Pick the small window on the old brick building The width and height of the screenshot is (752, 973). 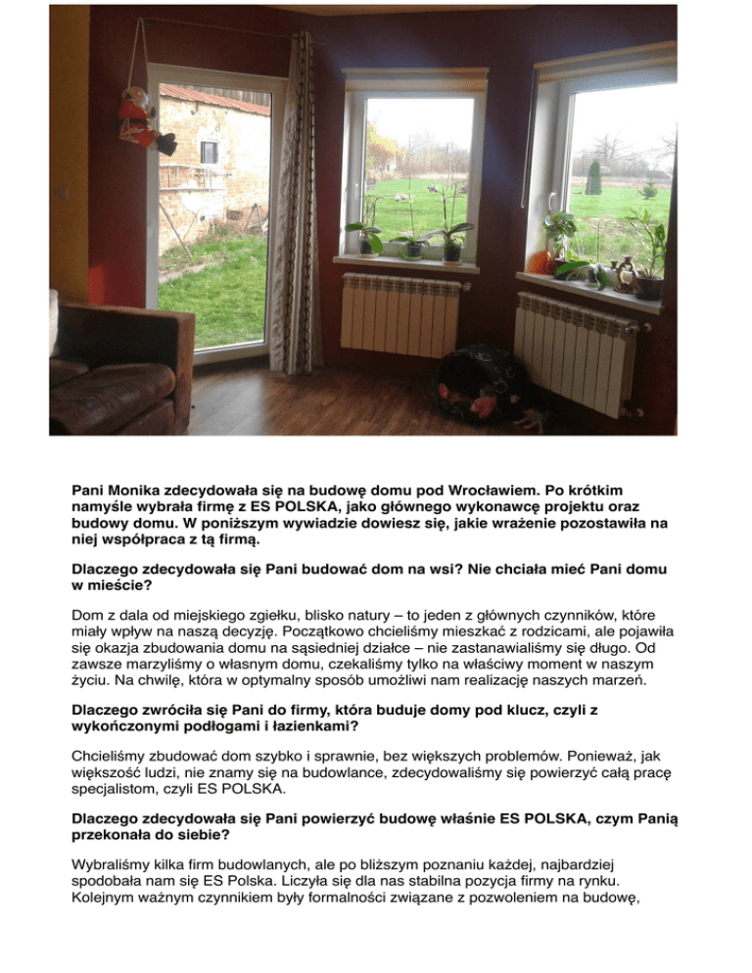click(x=210, y=152)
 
